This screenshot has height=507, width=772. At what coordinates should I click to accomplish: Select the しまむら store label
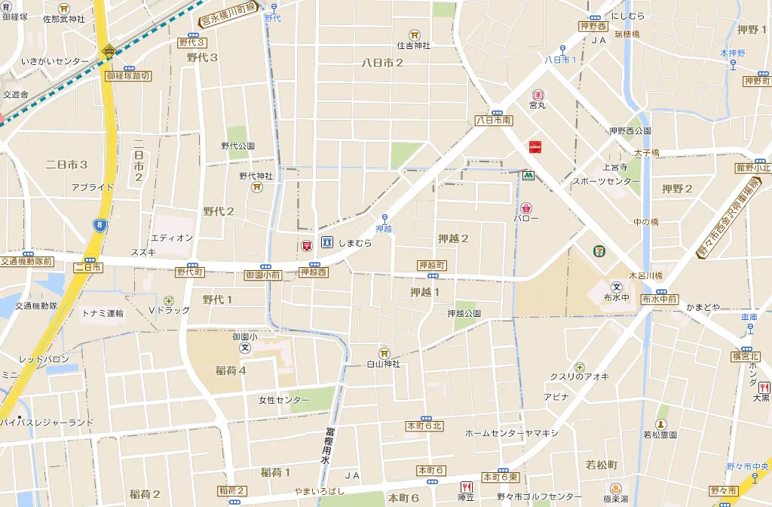[x=355, y=243]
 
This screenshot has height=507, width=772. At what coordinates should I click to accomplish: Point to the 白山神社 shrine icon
[x=384, y=352]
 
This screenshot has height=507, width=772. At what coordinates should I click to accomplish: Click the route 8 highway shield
[x=100, y=225]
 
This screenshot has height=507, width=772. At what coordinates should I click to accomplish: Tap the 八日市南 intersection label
[x=494, y=120]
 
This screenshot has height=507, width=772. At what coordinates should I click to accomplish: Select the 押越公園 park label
[x=464, y=313]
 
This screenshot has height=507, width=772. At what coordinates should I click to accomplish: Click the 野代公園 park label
[x=237, y=146]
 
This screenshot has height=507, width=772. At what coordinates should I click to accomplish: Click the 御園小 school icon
[x=245, y=348]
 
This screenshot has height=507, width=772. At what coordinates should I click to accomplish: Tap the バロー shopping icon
[x=525, y=206]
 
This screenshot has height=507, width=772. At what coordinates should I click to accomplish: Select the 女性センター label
[x=284, y=400]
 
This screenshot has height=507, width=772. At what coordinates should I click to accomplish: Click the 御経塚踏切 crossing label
[x=128, y=76]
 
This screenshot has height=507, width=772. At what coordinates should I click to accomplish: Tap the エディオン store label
[x=172, y=238]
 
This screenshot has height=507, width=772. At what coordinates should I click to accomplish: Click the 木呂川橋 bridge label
[x=646, y=275]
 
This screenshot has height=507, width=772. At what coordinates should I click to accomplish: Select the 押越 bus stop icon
[x=384, y=218]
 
